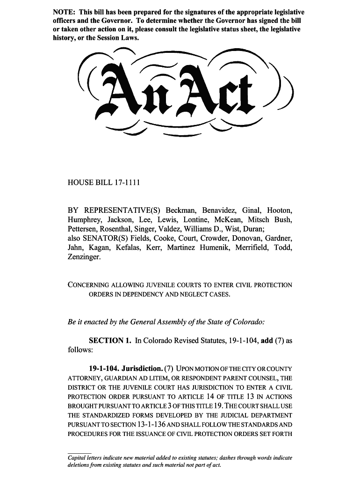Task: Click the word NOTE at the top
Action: pyautogui.click(x=62, y=12)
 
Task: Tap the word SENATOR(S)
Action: pyautogui.click(x=108, y=239)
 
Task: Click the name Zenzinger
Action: pyautogui.click(x=84, y=257)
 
